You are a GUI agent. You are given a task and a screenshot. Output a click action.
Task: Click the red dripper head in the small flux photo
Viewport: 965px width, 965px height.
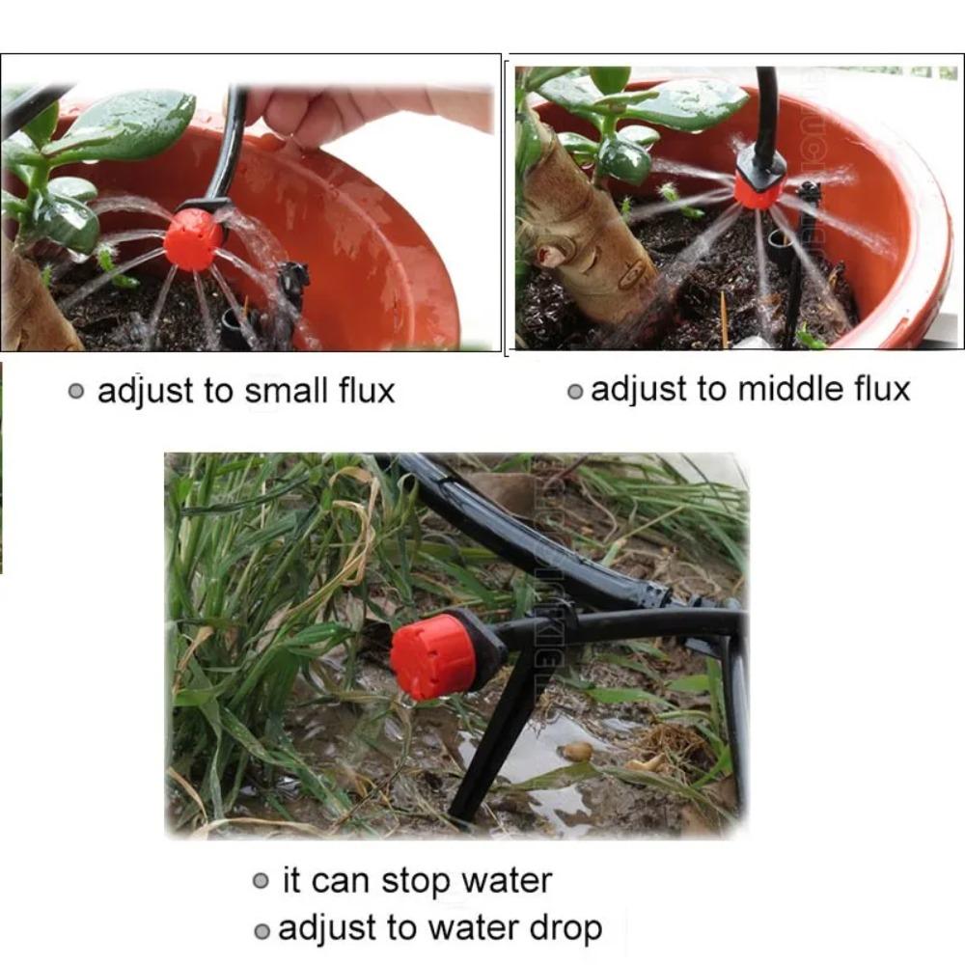click(x=193, y=239)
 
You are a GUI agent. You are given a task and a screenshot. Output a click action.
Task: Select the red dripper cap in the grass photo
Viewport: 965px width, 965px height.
click(x=434, y=656)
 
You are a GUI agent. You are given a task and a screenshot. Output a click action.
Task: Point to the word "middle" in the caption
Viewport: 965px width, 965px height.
click(x=787, y=389)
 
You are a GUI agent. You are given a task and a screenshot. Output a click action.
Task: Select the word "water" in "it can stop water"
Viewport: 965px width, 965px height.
click(x=507, y=881)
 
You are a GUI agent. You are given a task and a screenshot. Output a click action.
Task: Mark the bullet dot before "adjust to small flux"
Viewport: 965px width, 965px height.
click(x=77, y=392)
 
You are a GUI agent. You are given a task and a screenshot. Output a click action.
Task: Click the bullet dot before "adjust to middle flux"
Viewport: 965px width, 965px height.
click(x=575, y=391)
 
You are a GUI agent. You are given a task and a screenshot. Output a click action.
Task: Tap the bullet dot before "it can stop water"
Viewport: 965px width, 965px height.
click(x=261, y=881)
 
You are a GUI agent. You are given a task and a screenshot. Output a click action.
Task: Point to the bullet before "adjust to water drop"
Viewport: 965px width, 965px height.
click(x=262, y=930)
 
